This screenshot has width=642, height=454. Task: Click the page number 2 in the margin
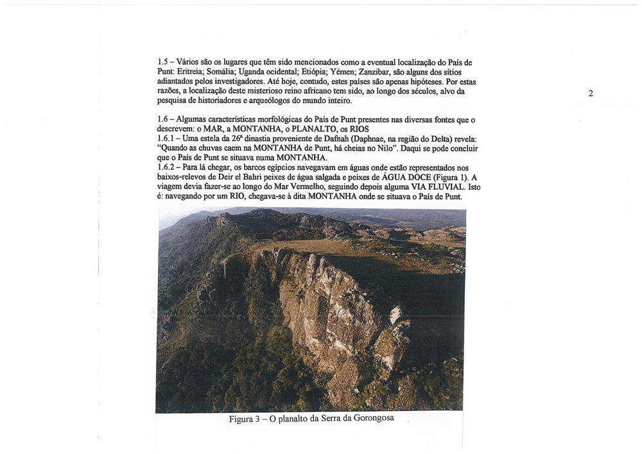coord(590,94)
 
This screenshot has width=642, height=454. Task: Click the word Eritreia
coord(193,72)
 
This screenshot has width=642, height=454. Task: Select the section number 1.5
coord(163,63)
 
